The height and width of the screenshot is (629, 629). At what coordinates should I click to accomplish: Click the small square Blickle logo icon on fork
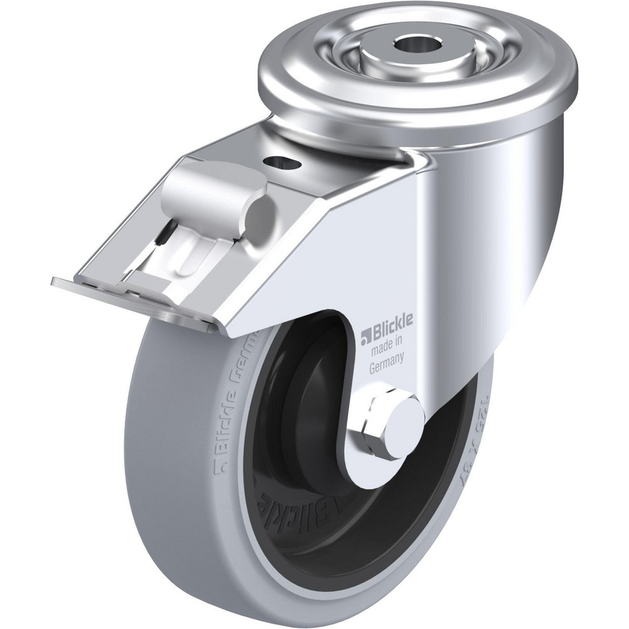coord(364,340)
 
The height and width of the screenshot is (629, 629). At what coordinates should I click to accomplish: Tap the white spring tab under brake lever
coord(189,258)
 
